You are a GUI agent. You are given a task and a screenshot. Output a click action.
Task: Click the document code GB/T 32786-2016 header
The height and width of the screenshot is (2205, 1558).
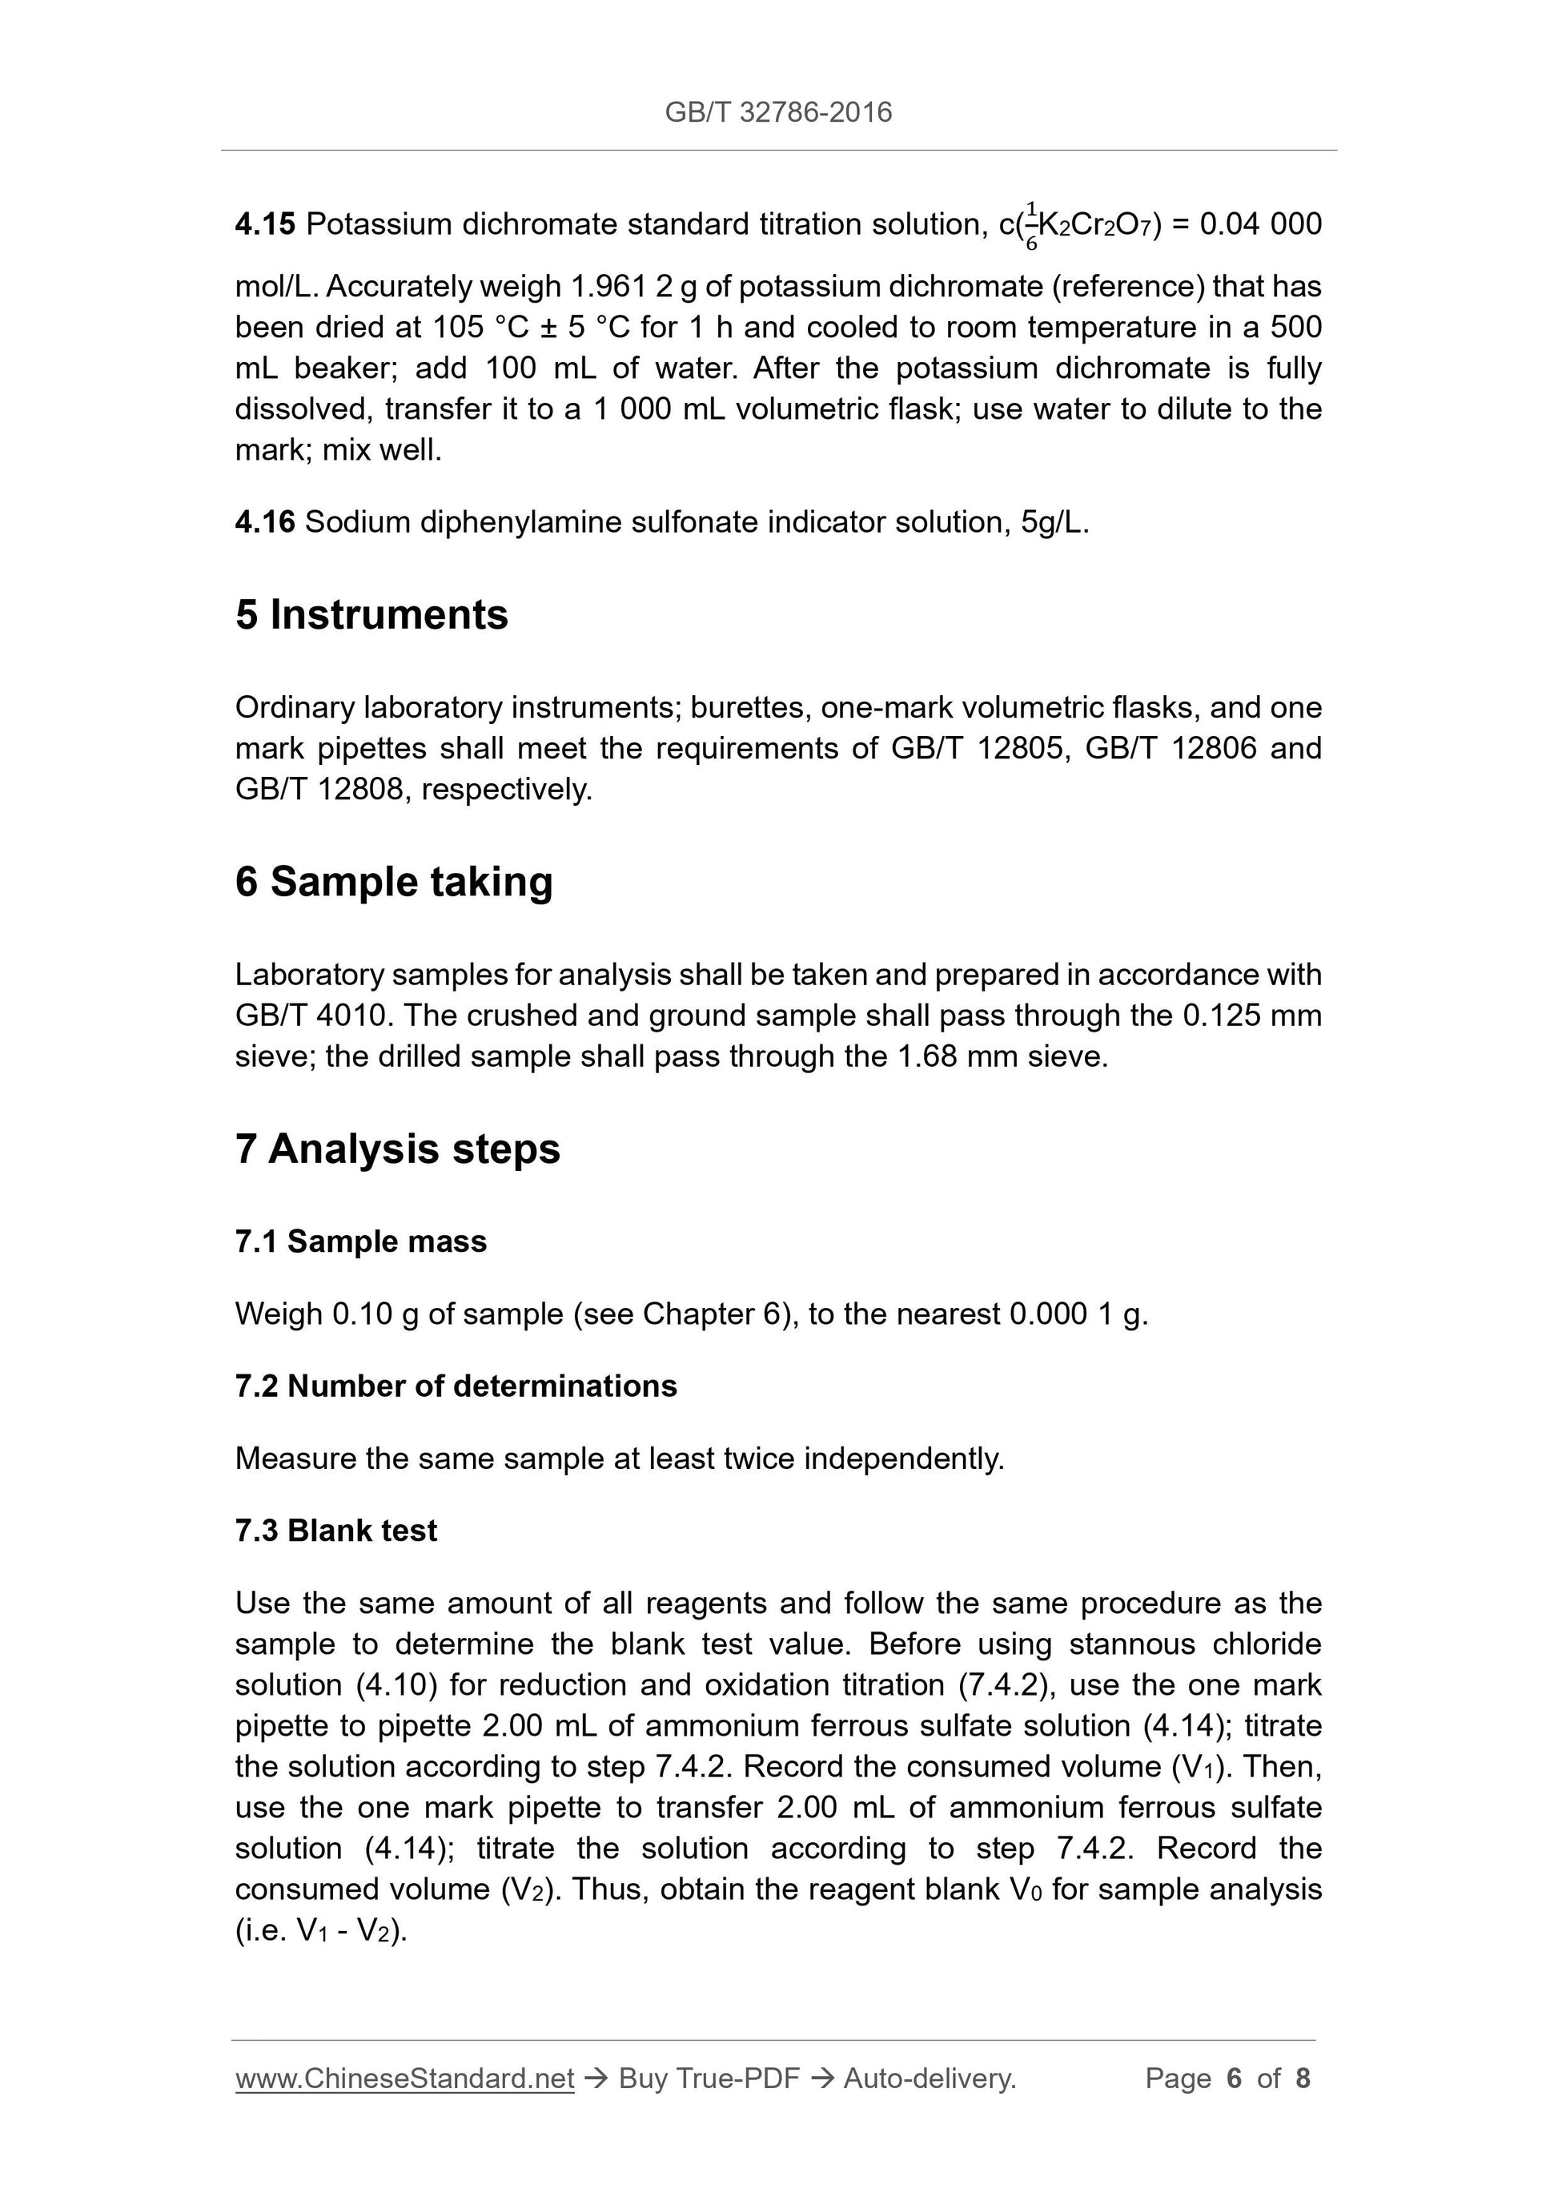[x=777, y=112]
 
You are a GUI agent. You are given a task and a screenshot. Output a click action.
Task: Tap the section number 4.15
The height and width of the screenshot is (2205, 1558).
[x=265, y=225]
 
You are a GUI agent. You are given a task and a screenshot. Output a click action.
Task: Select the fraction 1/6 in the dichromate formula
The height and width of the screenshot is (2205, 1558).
[x=1031, y=226]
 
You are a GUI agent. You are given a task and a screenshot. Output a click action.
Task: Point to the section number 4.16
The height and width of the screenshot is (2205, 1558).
[x=265, y=522]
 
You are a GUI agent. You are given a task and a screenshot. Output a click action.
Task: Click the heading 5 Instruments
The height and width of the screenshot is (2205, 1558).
[x=371, y=614]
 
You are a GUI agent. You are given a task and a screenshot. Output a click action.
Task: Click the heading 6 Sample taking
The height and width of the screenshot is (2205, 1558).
[x=394, y=882]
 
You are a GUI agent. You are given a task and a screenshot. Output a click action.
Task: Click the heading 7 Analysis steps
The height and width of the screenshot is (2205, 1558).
[x=397, y=1149]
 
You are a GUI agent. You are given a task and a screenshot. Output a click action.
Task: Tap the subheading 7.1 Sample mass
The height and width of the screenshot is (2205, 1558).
[x=361, y=1241]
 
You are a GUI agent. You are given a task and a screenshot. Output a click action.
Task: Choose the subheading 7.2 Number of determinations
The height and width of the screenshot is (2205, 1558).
[x=456, y=1386]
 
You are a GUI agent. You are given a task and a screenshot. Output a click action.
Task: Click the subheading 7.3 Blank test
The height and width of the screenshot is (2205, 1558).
[x=336, y=1530]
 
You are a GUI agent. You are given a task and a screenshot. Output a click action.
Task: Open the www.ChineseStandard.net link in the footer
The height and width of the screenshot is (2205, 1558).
[x=404, y=2078]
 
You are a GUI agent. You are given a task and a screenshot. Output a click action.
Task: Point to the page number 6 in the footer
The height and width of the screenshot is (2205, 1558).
[x=1234, y=2078]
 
